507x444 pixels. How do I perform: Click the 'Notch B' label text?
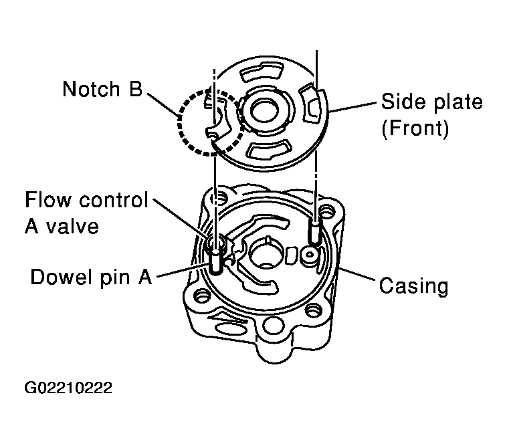102,89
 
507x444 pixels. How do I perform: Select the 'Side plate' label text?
431,102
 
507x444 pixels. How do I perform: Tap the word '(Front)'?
415,128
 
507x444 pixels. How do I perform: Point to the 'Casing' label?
413,286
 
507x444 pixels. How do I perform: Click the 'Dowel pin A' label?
91,277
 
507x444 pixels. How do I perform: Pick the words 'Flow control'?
86,200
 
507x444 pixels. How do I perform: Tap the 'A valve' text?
62,226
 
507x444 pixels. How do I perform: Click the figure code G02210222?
68,388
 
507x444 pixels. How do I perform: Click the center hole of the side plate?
264,112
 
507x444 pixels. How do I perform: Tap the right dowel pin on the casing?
314,231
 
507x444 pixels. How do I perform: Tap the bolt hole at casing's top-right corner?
328,213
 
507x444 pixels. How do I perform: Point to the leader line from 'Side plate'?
352,107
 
